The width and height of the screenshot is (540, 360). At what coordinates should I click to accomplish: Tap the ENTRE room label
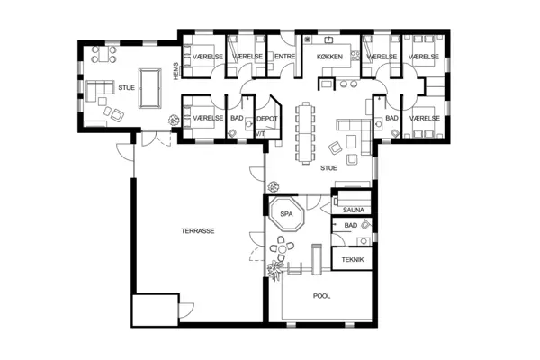click(x=284, y=57)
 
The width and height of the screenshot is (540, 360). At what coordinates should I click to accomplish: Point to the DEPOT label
click(x=265, y=118)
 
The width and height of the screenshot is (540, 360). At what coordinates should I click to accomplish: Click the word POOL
click(x=321, y=295)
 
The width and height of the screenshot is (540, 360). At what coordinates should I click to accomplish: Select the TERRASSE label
click(x=197, y=230)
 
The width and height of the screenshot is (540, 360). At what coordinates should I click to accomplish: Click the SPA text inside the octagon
click(x=286, y=215)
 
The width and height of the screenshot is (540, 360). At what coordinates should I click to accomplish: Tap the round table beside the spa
click(x=286, y=246)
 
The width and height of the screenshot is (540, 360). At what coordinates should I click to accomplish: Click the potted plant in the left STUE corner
click(x=171, y=121)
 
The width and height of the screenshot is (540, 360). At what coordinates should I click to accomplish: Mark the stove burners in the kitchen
click(x=310, y=40)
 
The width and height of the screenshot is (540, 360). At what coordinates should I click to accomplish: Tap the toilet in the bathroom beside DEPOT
click(x=232, y=132)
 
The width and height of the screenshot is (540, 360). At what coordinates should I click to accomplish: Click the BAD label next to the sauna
click(x=351, y=225)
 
